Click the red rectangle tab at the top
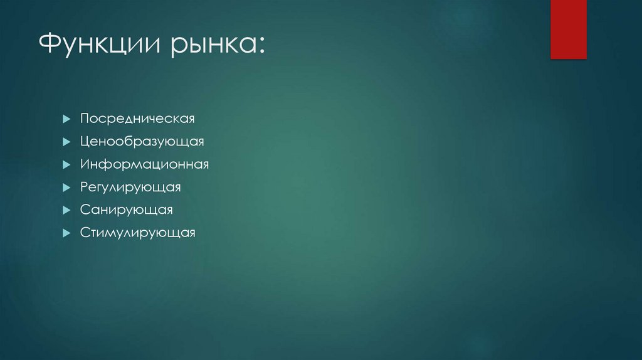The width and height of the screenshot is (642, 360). point(568,29)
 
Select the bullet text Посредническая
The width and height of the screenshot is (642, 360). point(137,119)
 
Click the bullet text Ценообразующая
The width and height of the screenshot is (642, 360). point(142,142)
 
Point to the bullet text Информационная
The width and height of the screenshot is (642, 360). point(144,164)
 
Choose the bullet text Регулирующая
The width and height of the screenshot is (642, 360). point(130,188)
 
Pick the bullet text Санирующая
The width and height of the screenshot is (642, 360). point(126,210)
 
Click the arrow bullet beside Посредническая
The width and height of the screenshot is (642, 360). point(66,119)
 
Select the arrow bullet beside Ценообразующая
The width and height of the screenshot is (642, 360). point(66,142)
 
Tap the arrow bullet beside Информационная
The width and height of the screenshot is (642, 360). point(66,164)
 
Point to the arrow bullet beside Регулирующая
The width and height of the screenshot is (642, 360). point(66,188)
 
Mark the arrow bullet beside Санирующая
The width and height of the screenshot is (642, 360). point(66,210)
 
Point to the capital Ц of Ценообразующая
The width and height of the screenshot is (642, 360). point(85,142)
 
